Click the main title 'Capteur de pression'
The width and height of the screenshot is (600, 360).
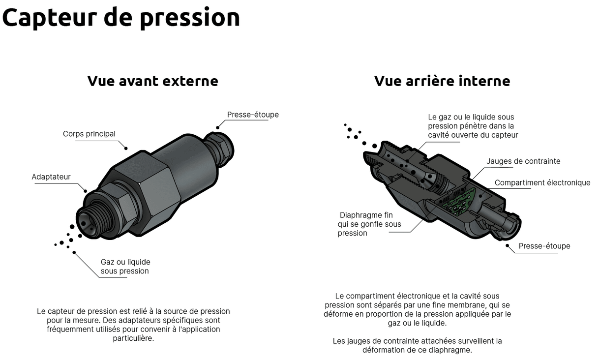[x=121, y=18]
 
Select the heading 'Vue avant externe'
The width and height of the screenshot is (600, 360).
[x=152, y=81]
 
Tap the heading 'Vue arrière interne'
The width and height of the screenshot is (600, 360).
[x=442, y=81]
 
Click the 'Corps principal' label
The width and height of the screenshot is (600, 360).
[x=89, y=134]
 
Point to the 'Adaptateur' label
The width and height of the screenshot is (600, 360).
[x=51, y=177]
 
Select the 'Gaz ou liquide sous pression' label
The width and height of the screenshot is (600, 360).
[x=125, y=267]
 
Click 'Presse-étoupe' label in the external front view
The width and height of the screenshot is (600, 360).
[x=253, y=115]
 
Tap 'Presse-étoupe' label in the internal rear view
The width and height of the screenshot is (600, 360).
[x=544, y=246]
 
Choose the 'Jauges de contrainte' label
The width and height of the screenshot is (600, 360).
[x=523, y=161]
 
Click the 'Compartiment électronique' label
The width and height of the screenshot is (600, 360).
[x=542, y=183]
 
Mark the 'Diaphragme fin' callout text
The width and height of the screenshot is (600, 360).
[x=366, y=215]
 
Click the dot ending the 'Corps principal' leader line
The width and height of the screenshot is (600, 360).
[x=126, y=148]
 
